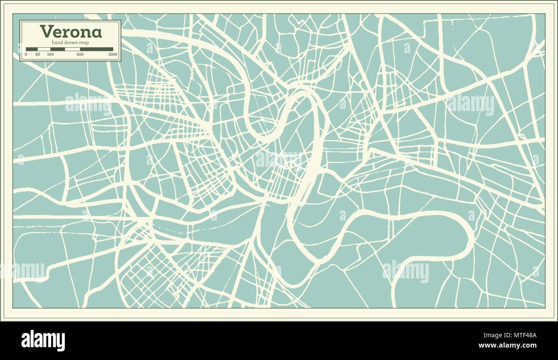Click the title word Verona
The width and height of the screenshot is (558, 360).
click(71, 32)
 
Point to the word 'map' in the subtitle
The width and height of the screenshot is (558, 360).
click(85, 42)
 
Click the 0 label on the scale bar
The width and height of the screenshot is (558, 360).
click(26, 54)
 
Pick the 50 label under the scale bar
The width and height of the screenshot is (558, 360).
click(38, 54)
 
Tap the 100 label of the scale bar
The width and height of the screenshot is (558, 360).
click(50, 54)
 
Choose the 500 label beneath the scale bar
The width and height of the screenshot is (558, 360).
click(80, 54)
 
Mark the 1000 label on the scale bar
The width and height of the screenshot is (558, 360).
click(113, 54)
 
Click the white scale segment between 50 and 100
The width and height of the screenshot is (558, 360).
click(44, 49)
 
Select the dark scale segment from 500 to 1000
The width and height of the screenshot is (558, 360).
click(97, 49)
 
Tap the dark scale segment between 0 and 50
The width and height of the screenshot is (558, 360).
click(32, 49)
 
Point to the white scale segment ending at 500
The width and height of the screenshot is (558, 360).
click(72, 49)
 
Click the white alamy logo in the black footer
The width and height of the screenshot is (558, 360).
click(43, 340)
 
